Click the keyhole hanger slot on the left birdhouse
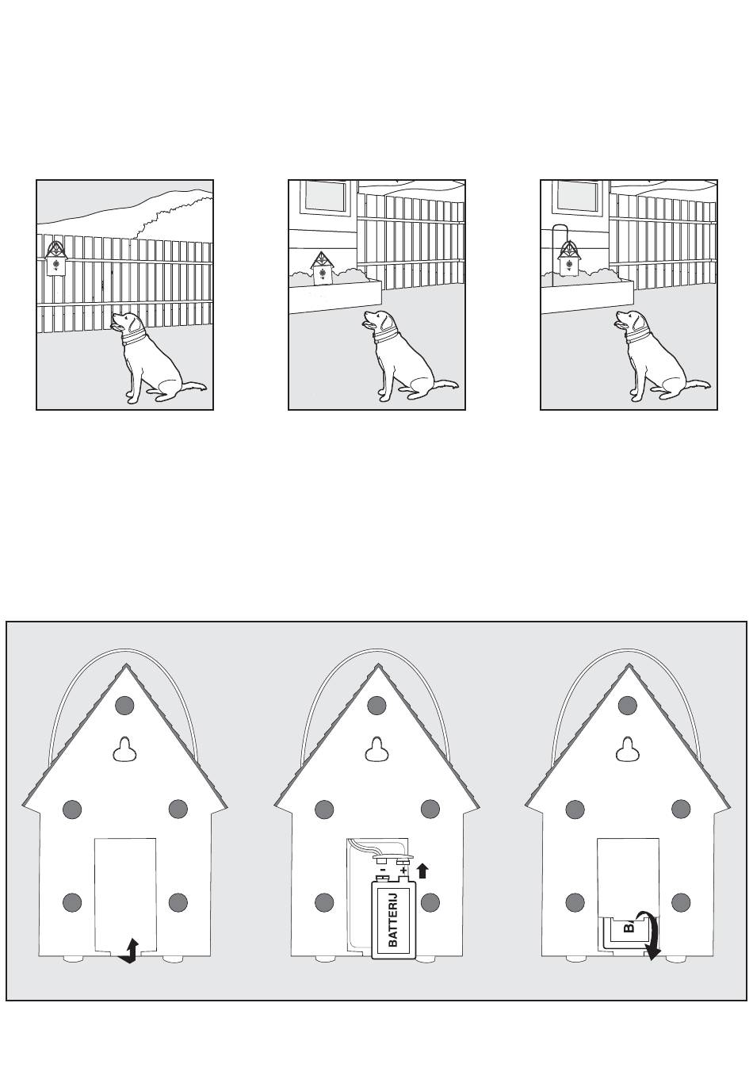pos(125,750)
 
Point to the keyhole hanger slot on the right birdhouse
pos(628,750)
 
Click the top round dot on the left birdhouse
pos(124,705)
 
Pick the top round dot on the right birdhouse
pos(628,705)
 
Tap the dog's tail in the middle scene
pos(445,385)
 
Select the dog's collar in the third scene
pos(638,335)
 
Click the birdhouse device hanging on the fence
pos(55,258)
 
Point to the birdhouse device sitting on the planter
pos(320,268)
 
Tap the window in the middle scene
pos(325,197)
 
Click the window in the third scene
pos(577,197)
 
